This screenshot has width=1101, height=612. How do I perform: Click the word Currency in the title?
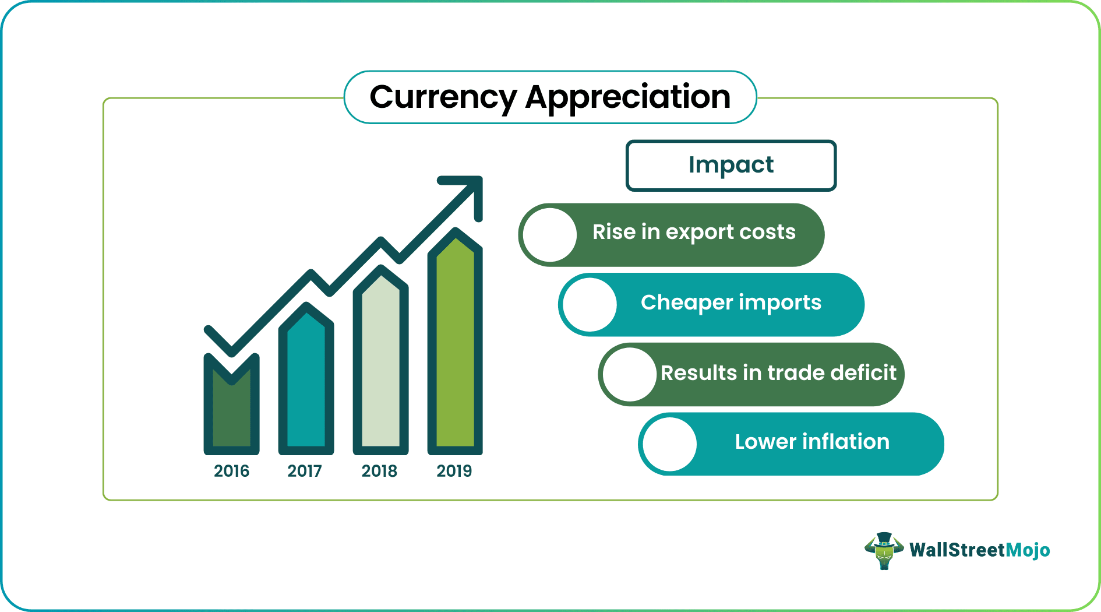[x=443, y=97]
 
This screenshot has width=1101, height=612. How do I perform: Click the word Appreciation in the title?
[x=627, y=97]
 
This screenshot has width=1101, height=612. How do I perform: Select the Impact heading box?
[x=731, y=165]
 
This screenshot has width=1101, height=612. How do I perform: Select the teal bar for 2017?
[x=306, y=385]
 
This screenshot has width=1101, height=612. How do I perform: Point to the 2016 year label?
[x=231, y=471]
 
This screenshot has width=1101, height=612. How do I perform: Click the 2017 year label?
[x=305, y=471]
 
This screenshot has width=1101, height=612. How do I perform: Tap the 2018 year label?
[x=379, y=471]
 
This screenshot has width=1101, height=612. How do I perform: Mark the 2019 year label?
[x=454, y=471]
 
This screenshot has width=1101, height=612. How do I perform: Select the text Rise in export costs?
[x=694, y=232]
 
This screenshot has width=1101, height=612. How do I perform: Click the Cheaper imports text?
[x=731, y=303]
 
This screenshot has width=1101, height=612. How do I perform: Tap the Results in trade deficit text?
[x=778, y=373]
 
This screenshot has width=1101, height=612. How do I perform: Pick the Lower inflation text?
[x=812, y=442]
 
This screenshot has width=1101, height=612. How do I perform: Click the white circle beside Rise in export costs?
[x=549, y=235]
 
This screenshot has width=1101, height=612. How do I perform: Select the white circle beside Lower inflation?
[x=670, y=444]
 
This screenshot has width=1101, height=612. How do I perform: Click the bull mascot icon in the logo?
[x=884, y=550]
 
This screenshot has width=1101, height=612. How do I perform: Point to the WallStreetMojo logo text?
[x=980, y=550]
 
